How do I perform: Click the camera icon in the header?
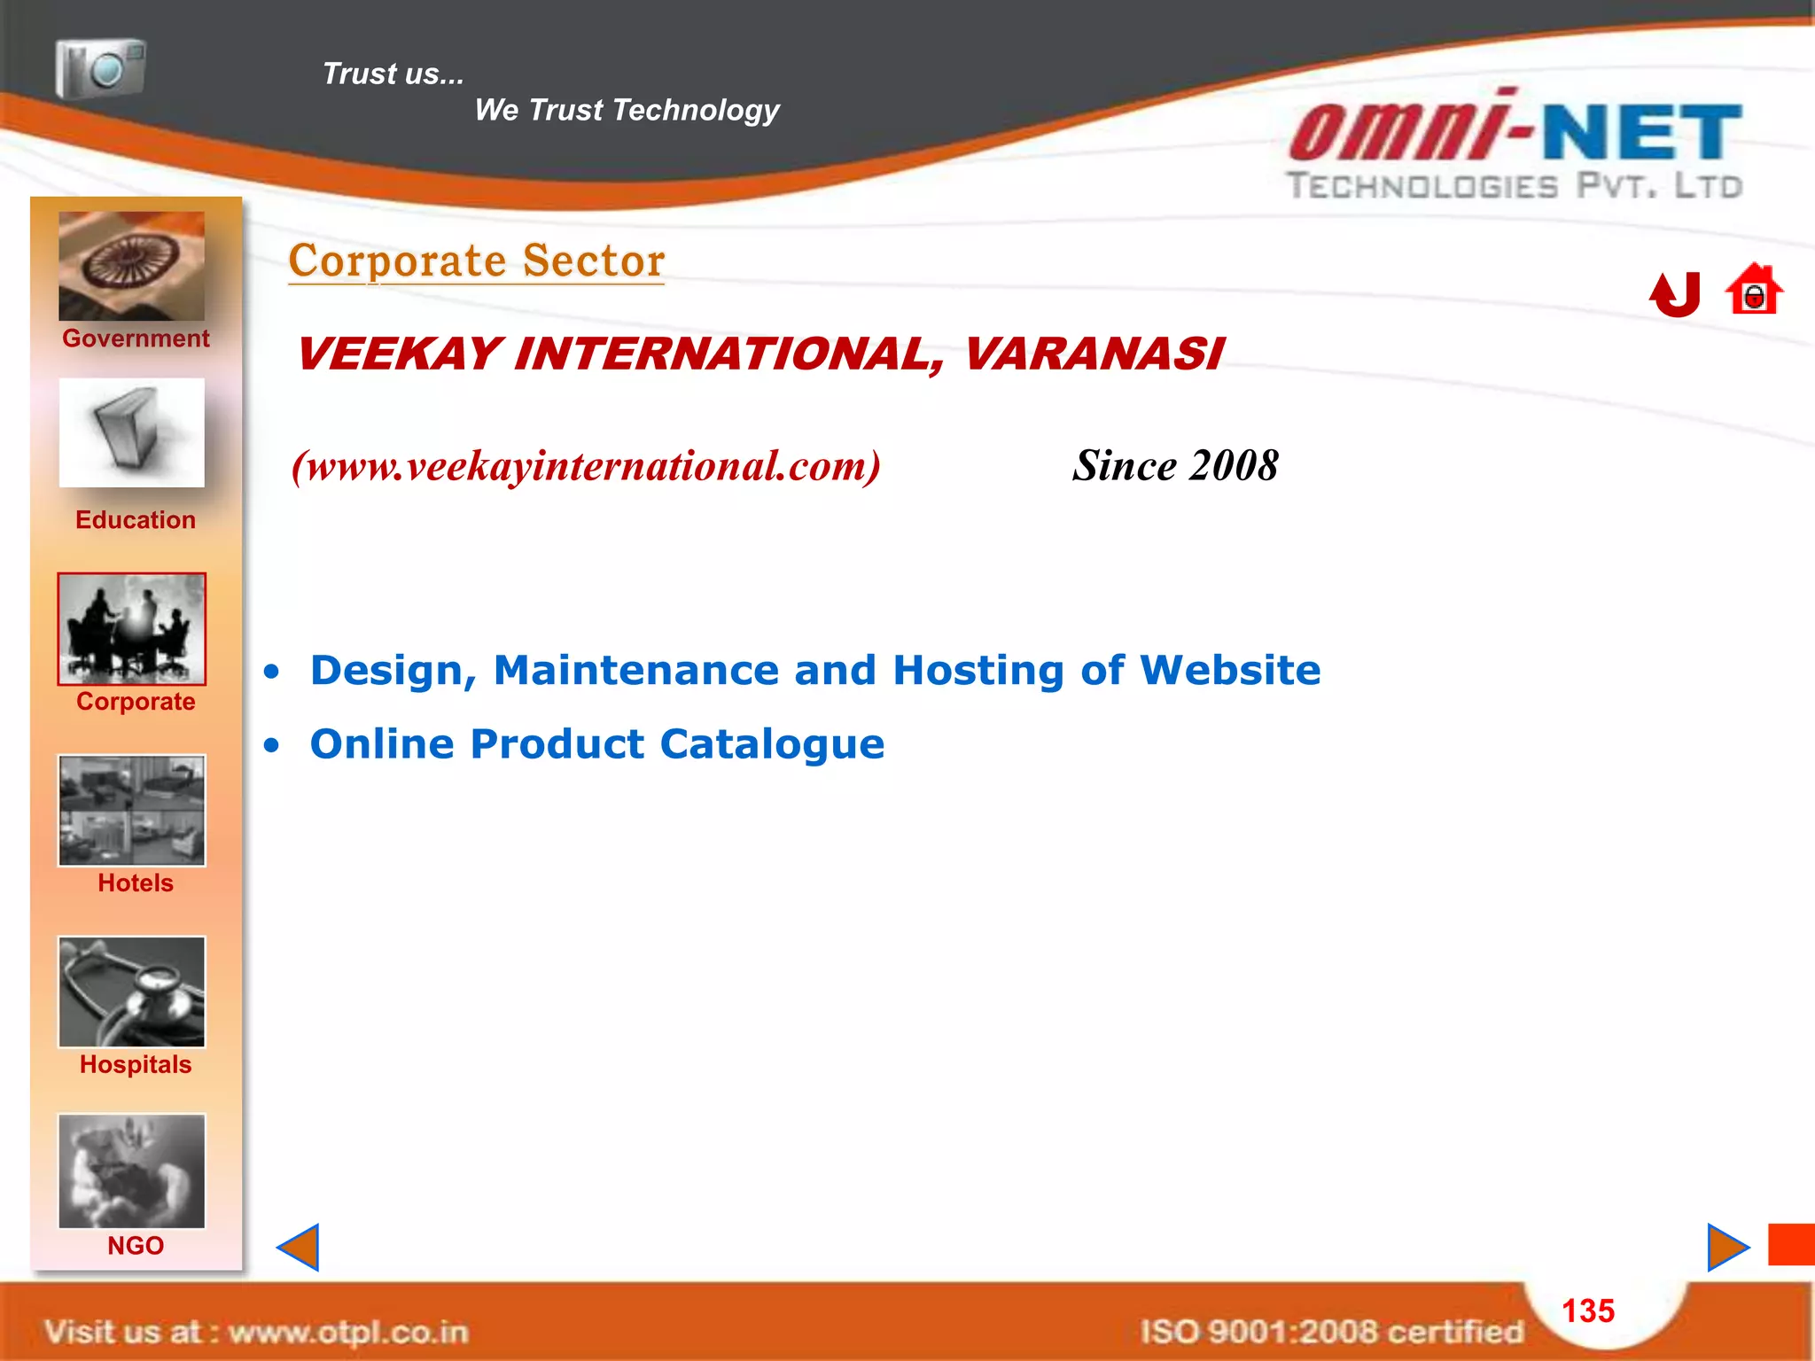pyautogui.click(x=100, y=68)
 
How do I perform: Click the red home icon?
pyautogui.click(x=1753, y=291)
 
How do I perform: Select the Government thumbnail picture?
pyautogui.click(x=131, y=266)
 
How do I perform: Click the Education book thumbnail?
pyautogui.click(x=131, y=432)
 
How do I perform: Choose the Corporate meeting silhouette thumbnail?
pyautogui.click(x=131, y=628)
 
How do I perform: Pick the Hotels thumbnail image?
pyautogui.click(x=131, y=810)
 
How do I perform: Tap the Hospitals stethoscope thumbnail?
pyautogui.click(x=131, y=992)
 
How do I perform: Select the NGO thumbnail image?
pyautogui.click(x=131, y=1170)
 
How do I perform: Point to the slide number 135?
pyautogui.click(x=1587, y=1310)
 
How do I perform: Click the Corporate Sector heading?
pyautogui.click(x=477, y=261)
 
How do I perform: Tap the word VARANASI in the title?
pyautogui.click(x=1093, y=354)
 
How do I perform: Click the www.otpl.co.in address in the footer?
pyautogui.click(x=347, y=1332)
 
